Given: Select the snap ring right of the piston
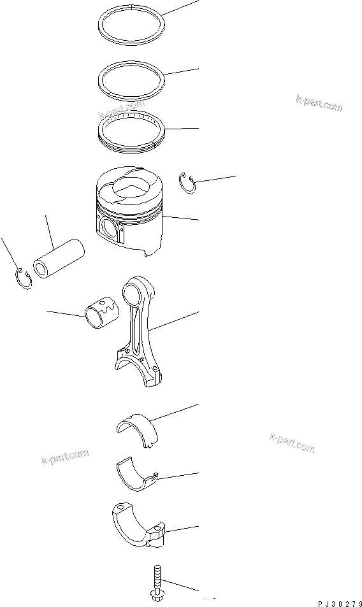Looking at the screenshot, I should (187, 182).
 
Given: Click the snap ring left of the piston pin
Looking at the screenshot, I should (22, 278).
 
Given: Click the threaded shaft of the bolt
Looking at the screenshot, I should (156, 577).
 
